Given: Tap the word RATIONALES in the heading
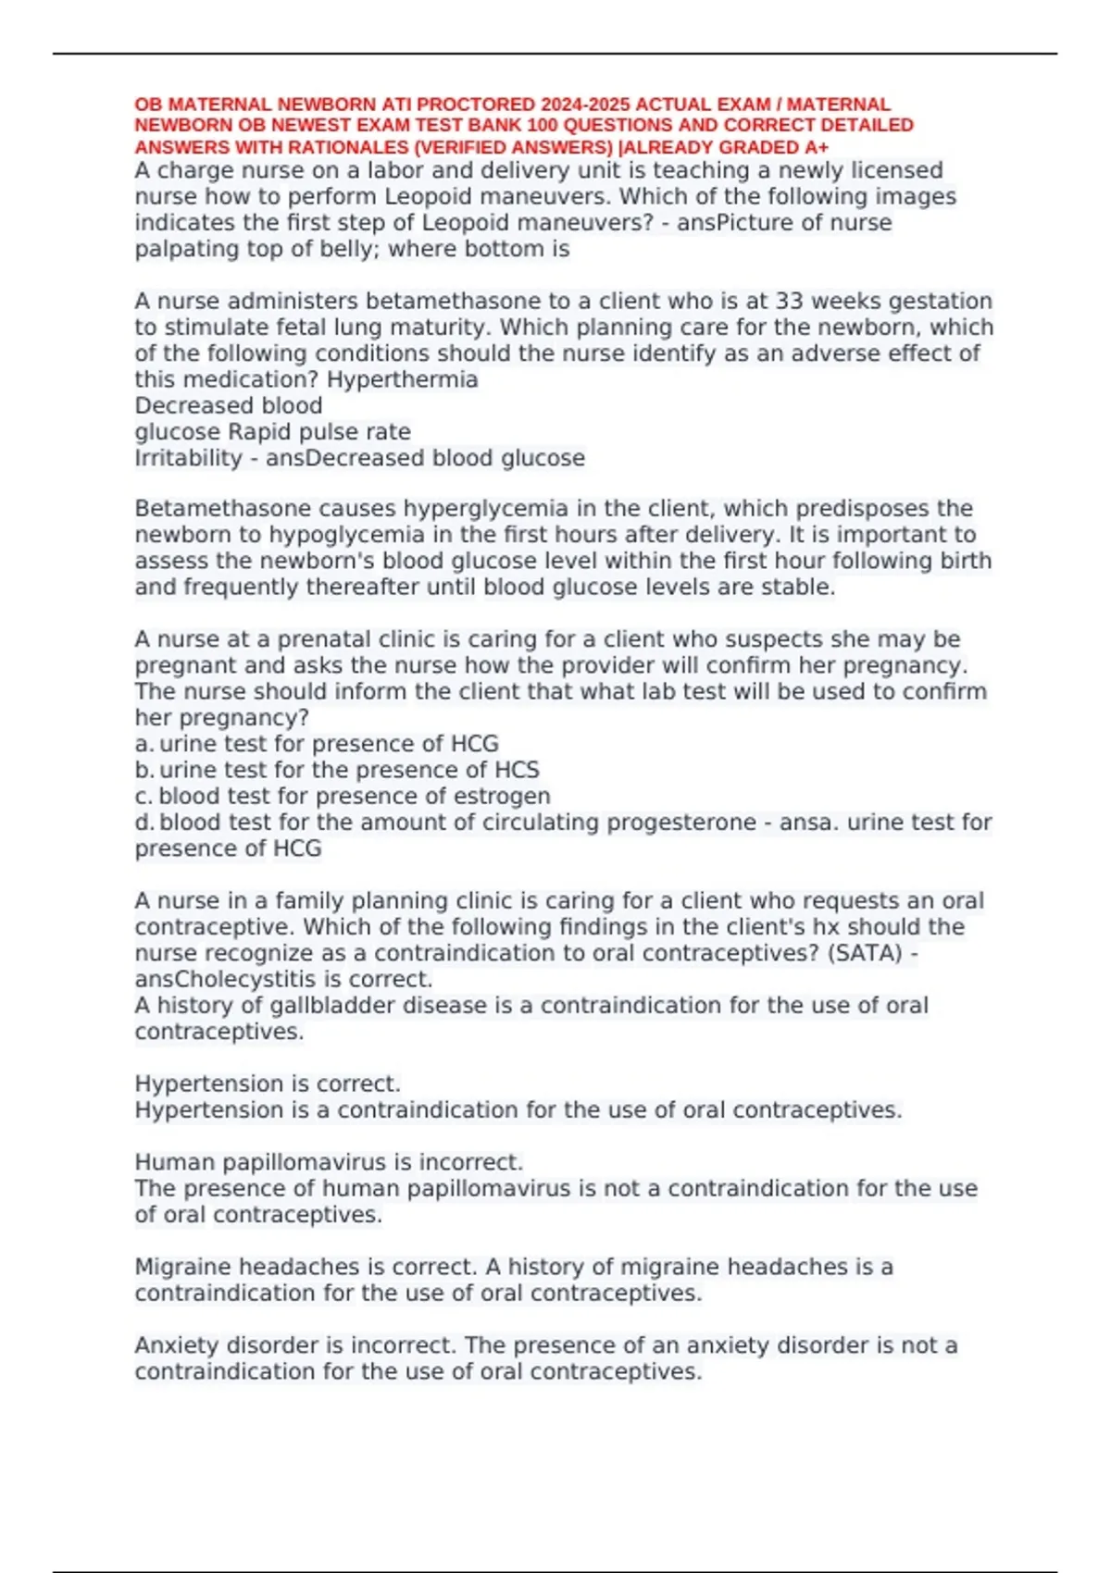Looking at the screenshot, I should click(323, 147).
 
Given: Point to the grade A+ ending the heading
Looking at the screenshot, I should click(818, 147).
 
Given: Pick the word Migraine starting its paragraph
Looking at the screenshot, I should click(183, 1267).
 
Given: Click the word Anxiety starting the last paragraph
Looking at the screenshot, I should click(177, 1345).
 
